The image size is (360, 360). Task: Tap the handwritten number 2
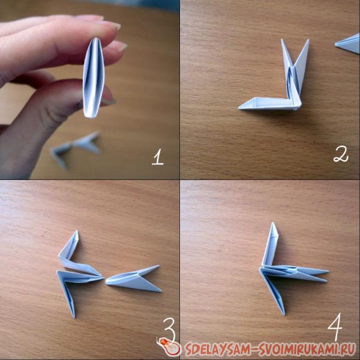(x=341, y=154)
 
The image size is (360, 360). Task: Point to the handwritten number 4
(x=335, y=327)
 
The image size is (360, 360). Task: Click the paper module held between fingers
(x=94, y=77)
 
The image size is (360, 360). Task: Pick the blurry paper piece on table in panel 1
(x=76, y=149)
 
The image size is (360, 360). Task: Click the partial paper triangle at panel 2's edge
(x=347, y=44)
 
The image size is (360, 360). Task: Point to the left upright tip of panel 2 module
(x=282, y=40)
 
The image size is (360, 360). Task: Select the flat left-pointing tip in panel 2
(x=239, y=108)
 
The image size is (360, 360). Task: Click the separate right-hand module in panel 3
(x=134, y=279)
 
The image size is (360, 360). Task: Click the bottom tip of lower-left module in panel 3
(x=74, y=317)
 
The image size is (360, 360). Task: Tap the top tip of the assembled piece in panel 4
(x=273, y=223)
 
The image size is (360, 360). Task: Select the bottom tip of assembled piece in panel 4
(x=284, y=314)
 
